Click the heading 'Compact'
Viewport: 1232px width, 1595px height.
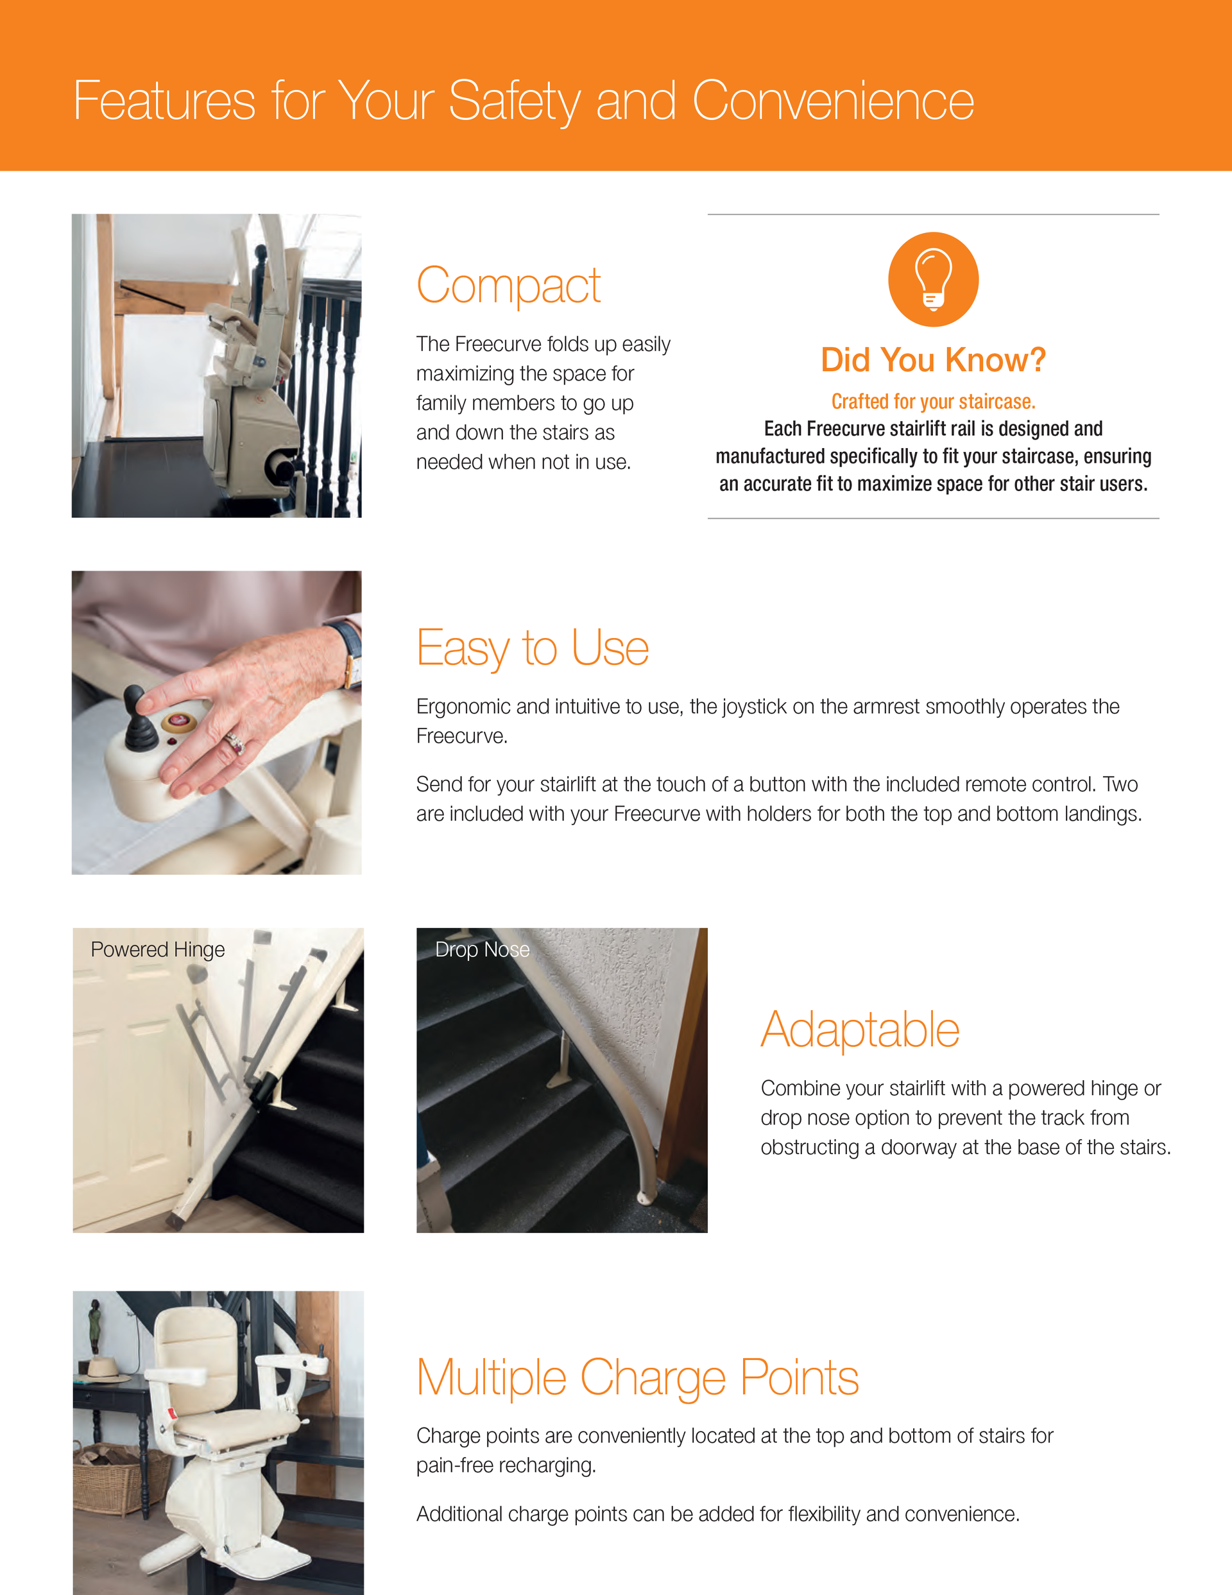pyautogui.click(x=508, y=286)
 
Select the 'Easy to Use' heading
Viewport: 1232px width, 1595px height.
pyautogui.click(x=533, y=648)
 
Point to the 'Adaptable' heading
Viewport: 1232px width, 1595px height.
pyautogui.click(x=860, y=1030)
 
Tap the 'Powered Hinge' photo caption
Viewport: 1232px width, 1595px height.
pyautogui.click(x=158, y=949)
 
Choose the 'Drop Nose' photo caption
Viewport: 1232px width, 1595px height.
pyautogui.click(x=482, y=949)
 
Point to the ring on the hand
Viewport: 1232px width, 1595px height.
pyautogui.click(x=235, y=743)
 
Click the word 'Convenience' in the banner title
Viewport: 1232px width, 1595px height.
pyautogui.click(x=832, y=101)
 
